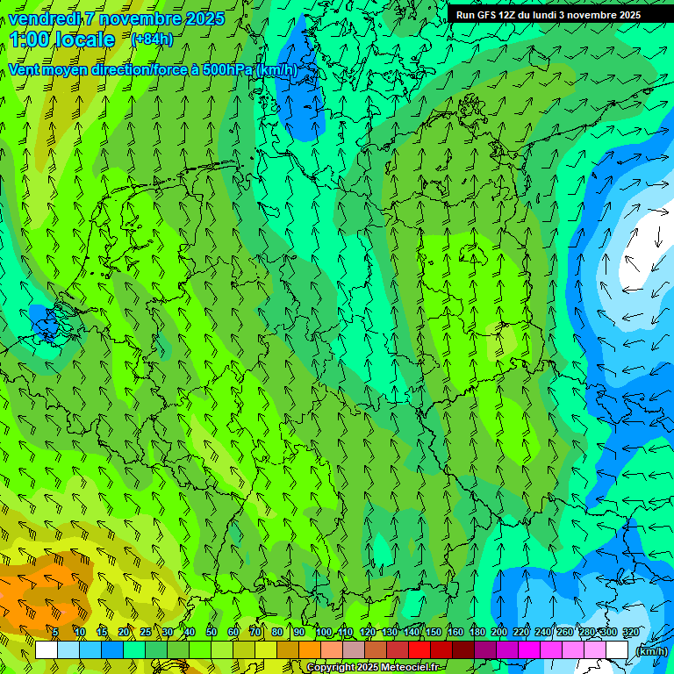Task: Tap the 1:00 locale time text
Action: (62, 39)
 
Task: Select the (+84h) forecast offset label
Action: (152, 39)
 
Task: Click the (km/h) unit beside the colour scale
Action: (650, 651)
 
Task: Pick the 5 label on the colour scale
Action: (55, 633)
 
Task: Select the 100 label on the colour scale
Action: (323, 633)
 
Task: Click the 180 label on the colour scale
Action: (477, 633)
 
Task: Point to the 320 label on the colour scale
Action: (630, 633)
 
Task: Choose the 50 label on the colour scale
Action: (212, 633)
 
